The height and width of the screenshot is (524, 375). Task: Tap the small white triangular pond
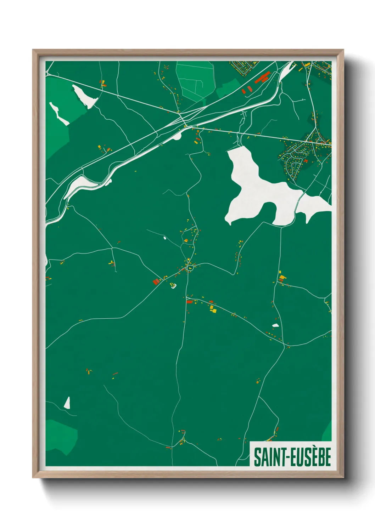[x=67, y=403]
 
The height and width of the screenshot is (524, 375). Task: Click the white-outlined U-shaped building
[x=173, y=285]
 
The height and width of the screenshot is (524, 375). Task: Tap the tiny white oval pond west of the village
[x=165, y=238]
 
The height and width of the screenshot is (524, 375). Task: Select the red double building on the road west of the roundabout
[x=156, y=282]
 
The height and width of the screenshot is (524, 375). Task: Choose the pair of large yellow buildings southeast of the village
[x=213, y=309]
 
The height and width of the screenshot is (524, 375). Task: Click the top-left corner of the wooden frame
[x=34, y=51]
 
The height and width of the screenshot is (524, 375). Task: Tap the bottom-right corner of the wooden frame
[x=343, y=477]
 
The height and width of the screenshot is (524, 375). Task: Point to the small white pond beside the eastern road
[x=275, y=325]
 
